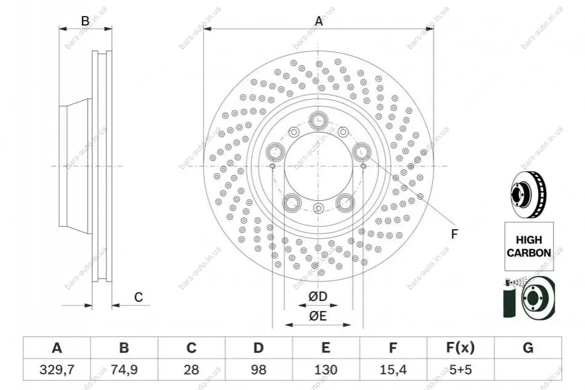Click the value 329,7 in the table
[x=57, y=370]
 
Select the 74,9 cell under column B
[x=124, y=370]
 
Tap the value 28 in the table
[x=191, y=370]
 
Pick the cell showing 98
[x=258, y=370]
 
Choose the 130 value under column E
[x=325, y=370]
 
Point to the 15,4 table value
[x=393, y=370]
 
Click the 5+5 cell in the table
[x=460, y=370]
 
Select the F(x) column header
[x=460, y=347]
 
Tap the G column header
[x=528, y=347]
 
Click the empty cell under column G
[x=528, y=370]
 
